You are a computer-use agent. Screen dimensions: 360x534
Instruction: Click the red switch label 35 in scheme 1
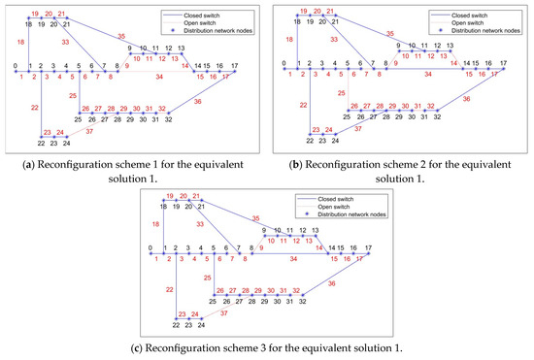[x=121, y=35]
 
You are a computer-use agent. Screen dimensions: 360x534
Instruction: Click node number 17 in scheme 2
[x=504, y=65]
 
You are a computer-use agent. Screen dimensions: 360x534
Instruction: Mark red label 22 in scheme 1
[x=35, y=108]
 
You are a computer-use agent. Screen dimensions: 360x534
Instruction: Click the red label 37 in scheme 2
[x=359, y=127]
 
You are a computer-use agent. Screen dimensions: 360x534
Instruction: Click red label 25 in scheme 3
[x=207, y=276]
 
